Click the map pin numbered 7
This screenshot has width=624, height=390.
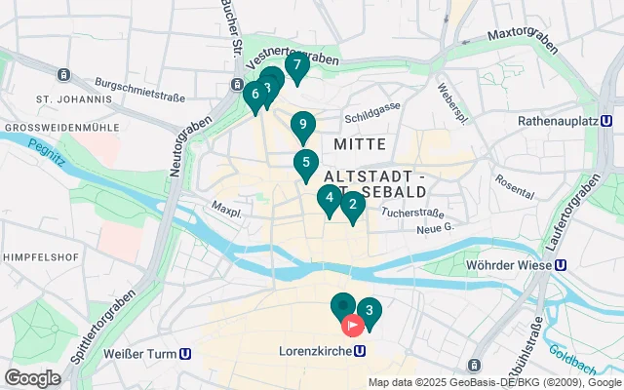(x=297, y=66)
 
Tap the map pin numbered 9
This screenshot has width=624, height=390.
(x=303, y=125)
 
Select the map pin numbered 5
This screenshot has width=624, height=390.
(x=306, y=163)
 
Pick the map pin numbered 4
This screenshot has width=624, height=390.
(x=330, y=200)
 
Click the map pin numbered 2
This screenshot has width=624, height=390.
(x=352, y=205)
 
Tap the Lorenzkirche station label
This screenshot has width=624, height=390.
(x=315, y=351)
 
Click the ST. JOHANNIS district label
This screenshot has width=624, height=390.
(x=73, y=99)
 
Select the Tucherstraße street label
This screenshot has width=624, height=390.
(x=413, y=212)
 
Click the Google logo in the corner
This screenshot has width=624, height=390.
(x=32, y=378)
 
